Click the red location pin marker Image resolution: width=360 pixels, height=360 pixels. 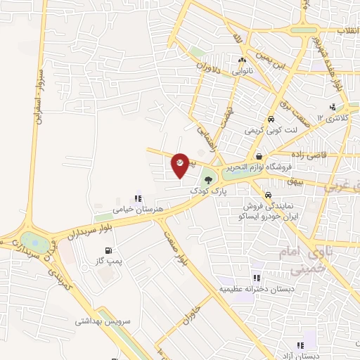point(181,165)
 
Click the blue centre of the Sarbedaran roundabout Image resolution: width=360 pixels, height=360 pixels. point(31,240)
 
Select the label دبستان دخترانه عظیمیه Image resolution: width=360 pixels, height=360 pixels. point(257,288)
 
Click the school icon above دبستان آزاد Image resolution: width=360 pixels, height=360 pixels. point(300,345)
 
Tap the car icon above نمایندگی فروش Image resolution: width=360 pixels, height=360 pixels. point(269,195)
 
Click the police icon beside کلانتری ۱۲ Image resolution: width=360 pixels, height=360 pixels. point(332,107)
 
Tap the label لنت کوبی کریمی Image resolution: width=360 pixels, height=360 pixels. point(271,130)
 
